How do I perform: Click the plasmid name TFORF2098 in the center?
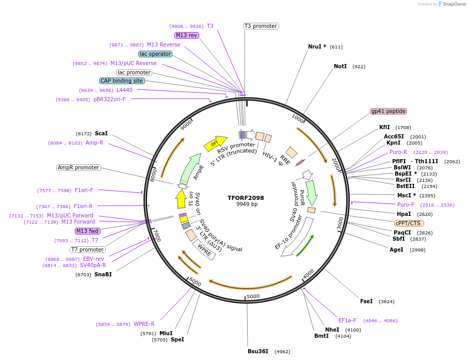click(246, 198)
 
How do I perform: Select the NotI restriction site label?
click(340, 67)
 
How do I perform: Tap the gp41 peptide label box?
click(389, 112)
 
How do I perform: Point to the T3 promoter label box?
click(261, 26)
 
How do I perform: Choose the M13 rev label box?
click(186, 35)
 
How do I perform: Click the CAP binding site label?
click(122, 81)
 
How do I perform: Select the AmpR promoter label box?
click(78, 167)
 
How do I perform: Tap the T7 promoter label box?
click(87, 249)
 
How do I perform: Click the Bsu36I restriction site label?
click(258, 351)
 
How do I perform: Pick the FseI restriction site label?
click(366, 301)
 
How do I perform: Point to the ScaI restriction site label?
click(101, 133)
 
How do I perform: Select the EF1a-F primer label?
click(347, 320)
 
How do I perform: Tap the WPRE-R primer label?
click(144, 324)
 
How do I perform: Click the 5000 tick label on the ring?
click(253, 296)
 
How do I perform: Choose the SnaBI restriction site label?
click(103, 274)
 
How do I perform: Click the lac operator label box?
click(155, 54)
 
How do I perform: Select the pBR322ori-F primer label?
click(109, 99)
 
